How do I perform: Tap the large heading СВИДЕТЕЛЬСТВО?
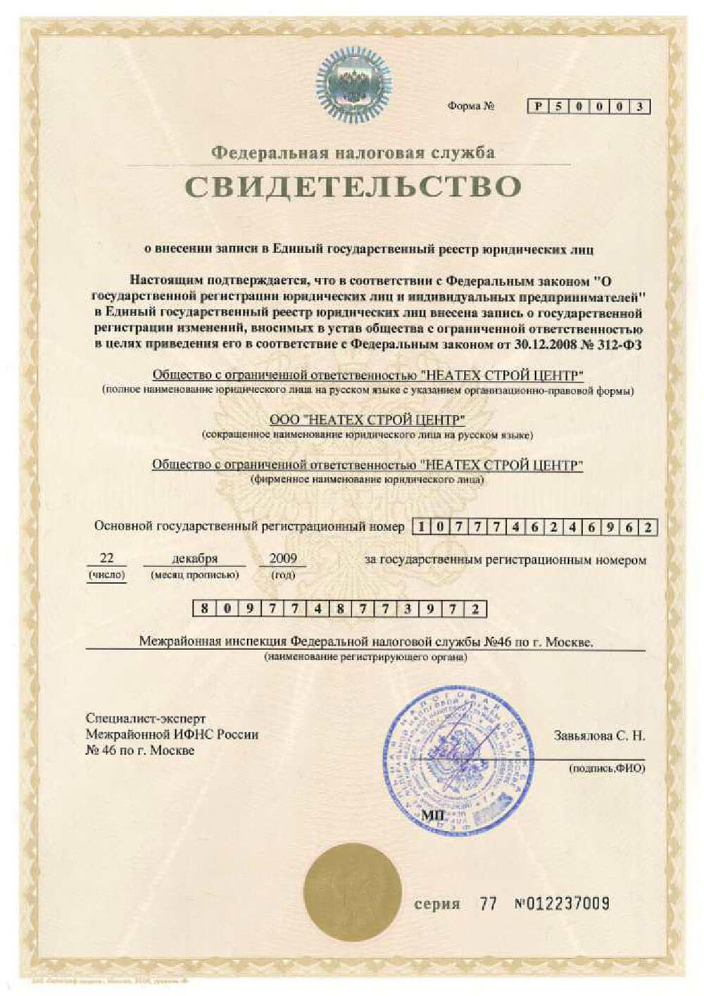[353, 186]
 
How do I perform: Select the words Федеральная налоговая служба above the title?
[353, 152]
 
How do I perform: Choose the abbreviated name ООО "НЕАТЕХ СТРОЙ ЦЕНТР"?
[367, 421]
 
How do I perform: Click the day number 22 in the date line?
[106, 558]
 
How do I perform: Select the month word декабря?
[195, 559]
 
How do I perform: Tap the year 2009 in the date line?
[283, 558]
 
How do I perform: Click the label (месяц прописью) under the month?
[195, 575]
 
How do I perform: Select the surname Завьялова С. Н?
[599, 736]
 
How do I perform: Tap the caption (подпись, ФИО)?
[607, 768]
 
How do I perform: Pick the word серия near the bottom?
[436, 904]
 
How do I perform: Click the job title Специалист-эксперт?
[146, 718]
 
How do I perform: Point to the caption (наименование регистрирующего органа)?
[365, 657]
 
